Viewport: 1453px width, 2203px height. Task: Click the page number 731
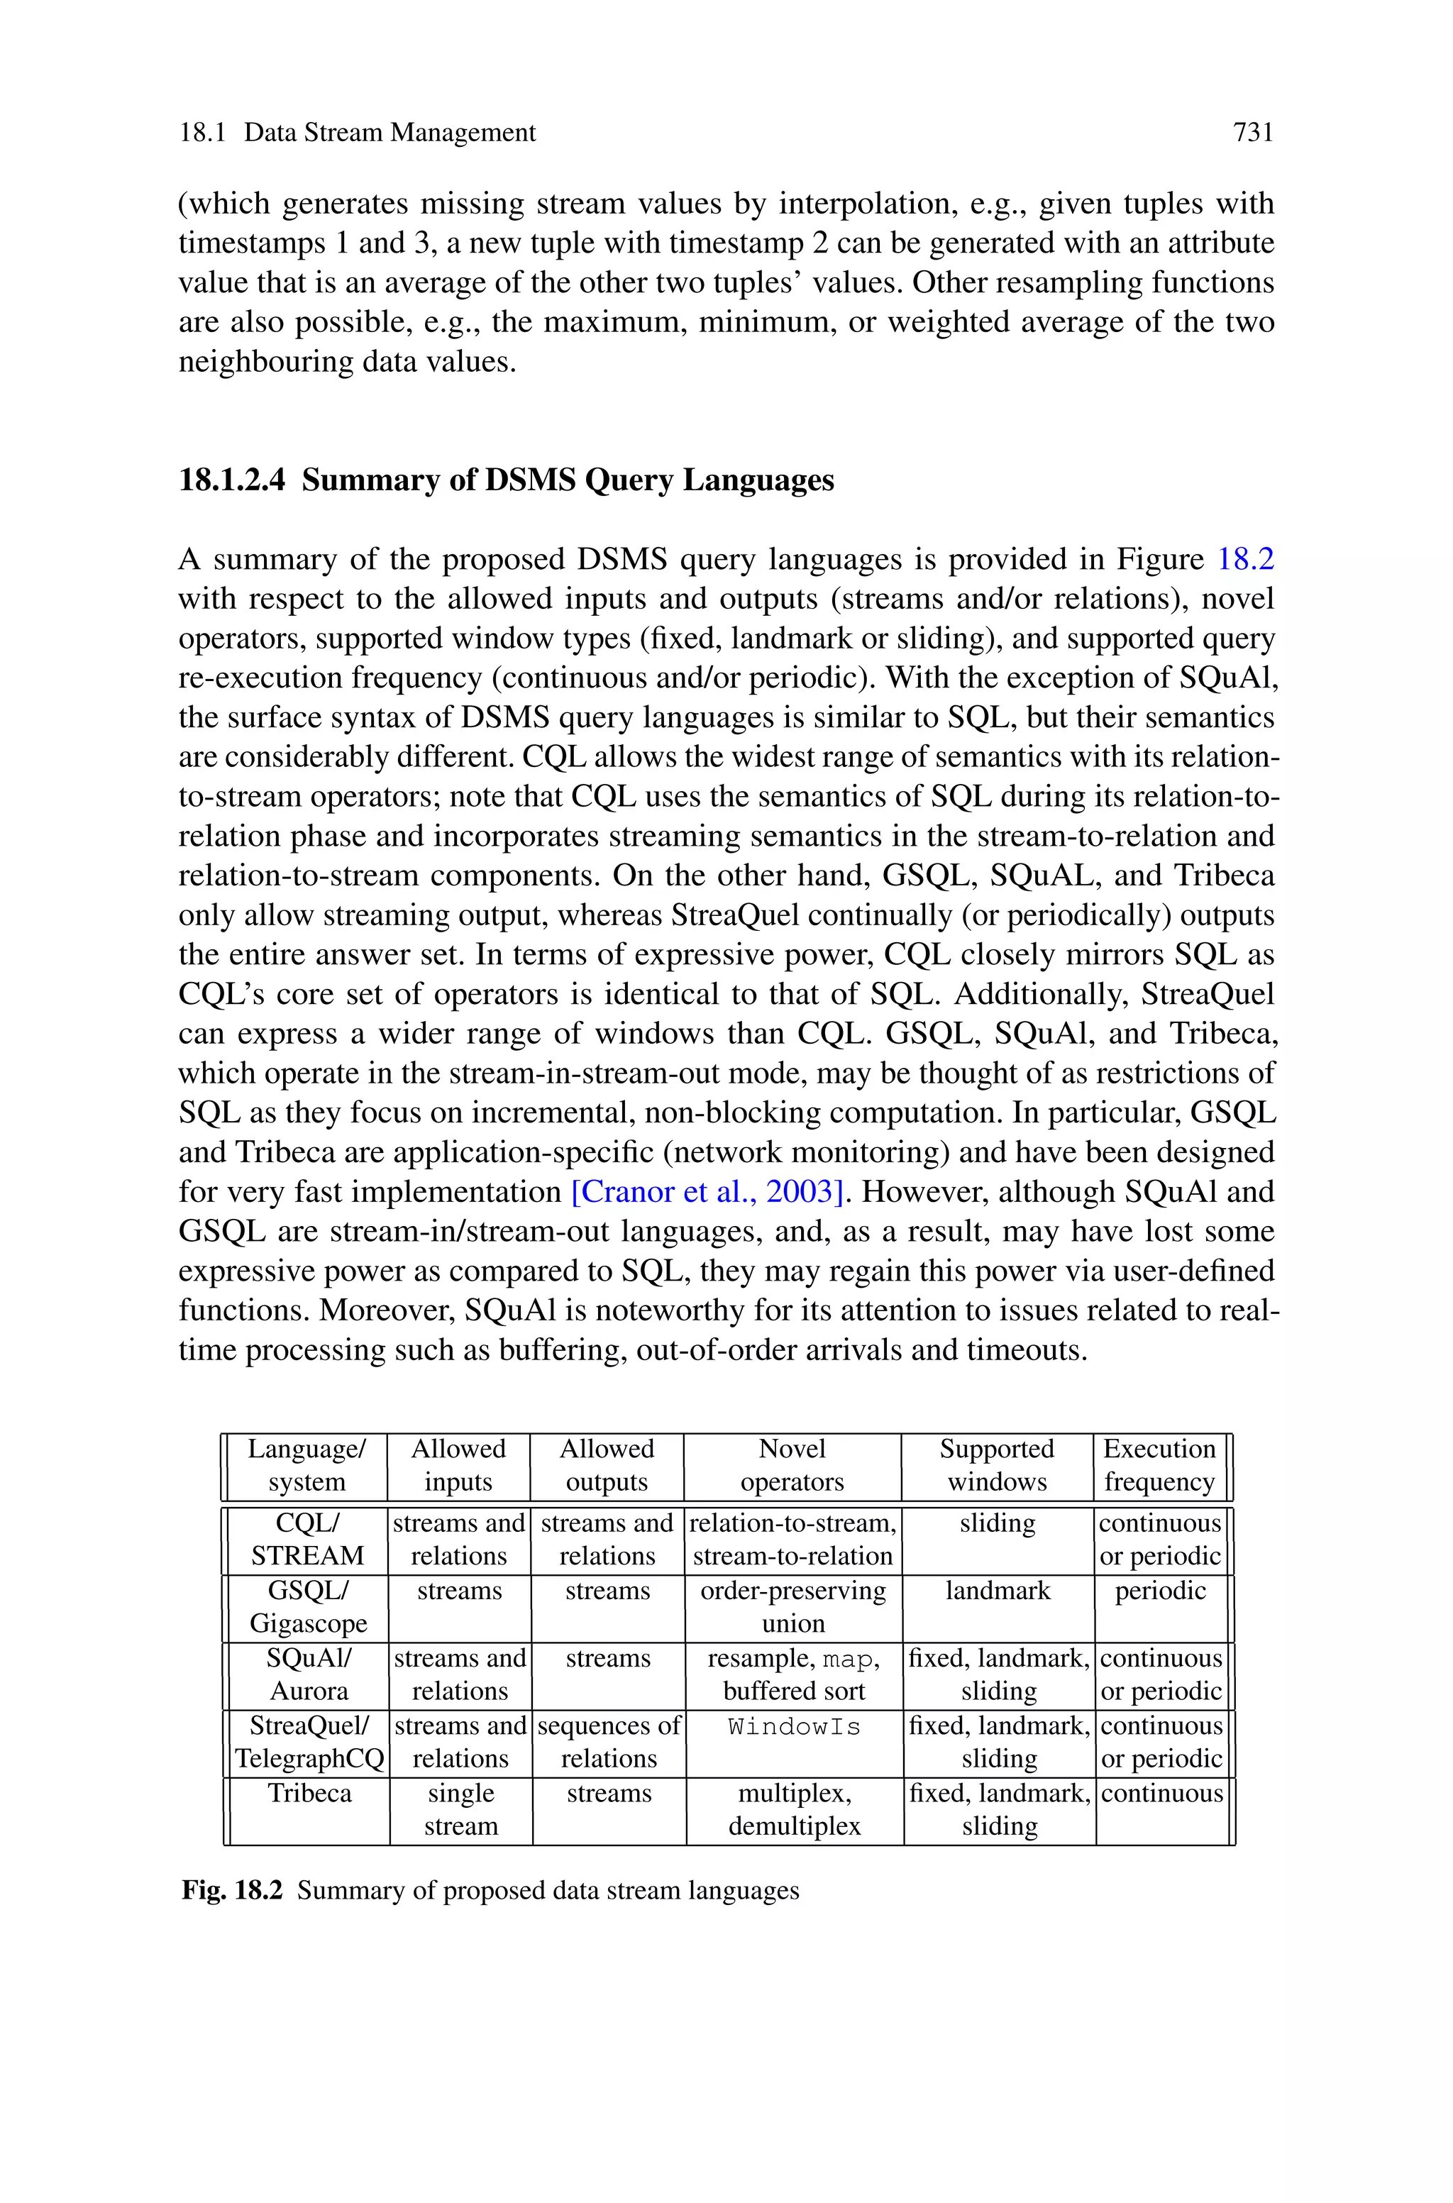(1253, 133)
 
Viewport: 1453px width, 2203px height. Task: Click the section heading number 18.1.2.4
(232, 480)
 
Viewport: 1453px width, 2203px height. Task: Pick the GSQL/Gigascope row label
(308, 1606)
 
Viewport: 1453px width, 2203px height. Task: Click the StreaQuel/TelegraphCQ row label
(309, 1742)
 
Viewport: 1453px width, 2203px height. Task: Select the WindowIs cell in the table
(794, 1727)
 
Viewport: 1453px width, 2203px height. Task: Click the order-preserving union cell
(793, 1606)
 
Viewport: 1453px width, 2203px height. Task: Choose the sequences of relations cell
(609, 1742)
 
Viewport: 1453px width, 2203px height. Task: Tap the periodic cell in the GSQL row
(1160, 1591)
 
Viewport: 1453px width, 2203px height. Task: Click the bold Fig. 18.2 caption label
(232, 1890)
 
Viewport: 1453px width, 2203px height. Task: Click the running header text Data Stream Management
(390, 133)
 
